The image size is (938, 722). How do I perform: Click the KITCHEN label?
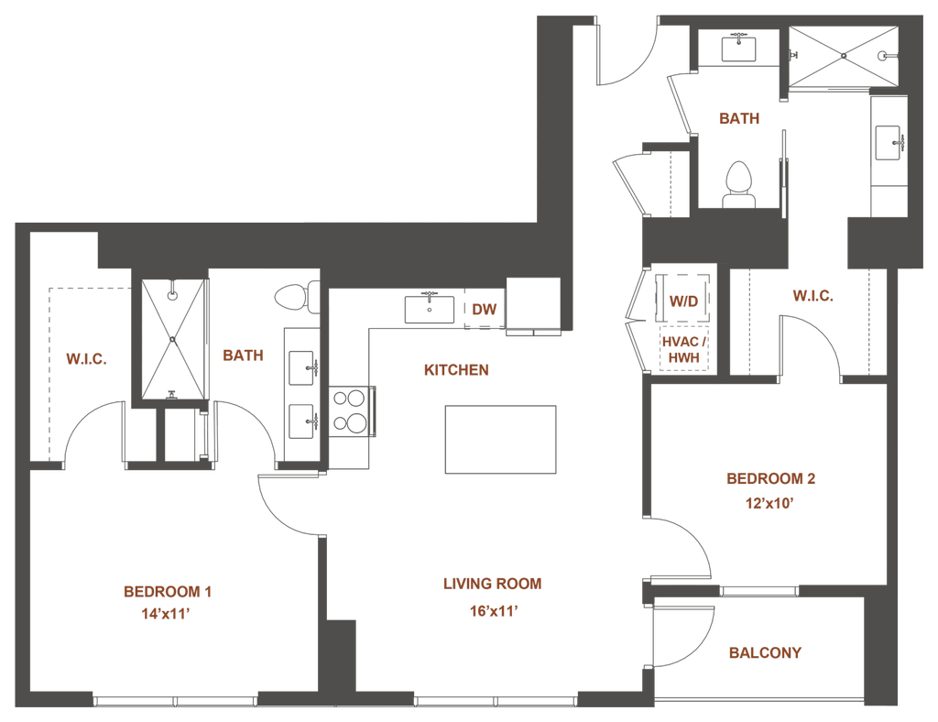click(456, 371)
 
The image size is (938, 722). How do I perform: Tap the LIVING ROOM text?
click(493, 584)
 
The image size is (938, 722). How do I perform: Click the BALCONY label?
click(765, 653)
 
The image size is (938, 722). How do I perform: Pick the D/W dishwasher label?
click(485, 310)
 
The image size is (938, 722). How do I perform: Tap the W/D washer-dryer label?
click(683, 301)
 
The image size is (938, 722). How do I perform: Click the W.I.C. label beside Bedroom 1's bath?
click(87, 359)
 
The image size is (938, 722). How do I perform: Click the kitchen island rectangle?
click(499, 440)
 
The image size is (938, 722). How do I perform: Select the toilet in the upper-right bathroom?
click(737, 182)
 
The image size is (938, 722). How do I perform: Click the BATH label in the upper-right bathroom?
click(737, 117)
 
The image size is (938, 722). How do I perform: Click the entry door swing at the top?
click(626, 57)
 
